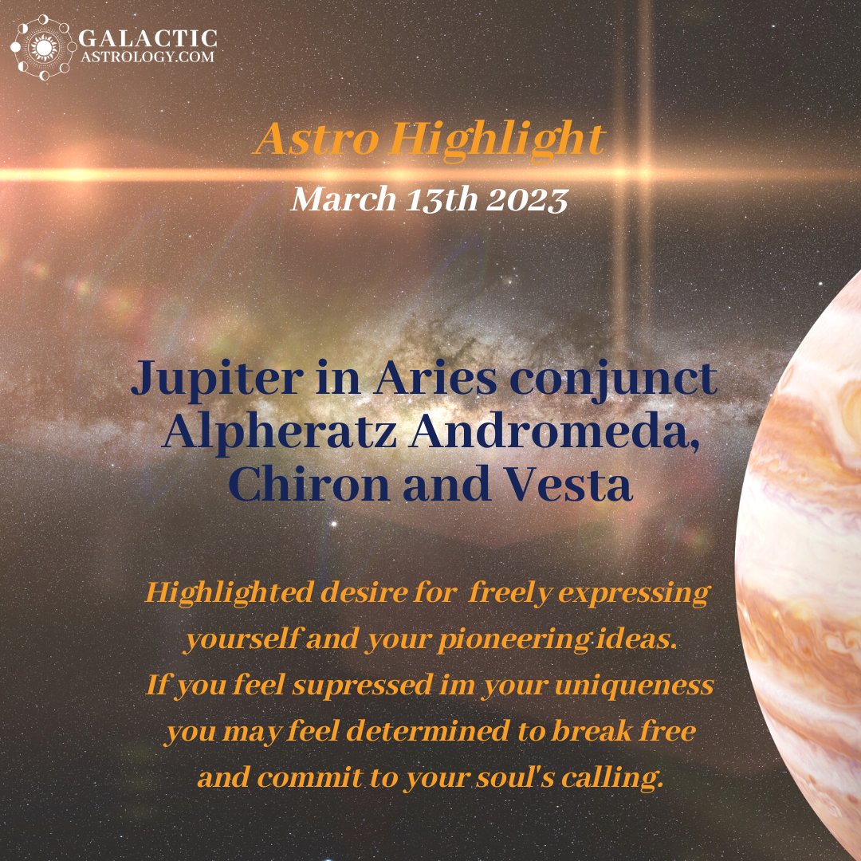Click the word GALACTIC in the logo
(x=147, y=37)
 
